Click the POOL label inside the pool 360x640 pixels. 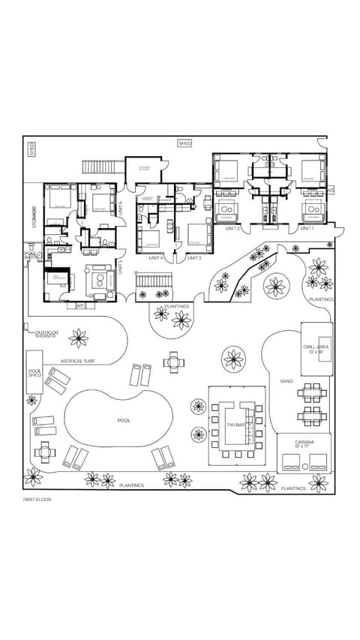coord(124,420)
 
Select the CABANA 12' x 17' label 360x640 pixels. coord(304,445)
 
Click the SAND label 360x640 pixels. coord(286,381)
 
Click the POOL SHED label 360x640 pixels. coord(35,374)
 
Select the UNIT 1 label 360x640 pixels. coord(306,228)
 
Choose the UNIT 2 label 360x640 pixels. coord(232,228)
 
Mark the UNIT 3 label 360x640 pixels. coord(193,257)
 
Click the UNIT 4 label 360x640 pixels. coord(156,257)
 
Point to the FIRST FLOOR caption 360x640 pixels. coord(37,499)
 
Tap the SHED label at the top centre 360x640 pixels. coord(184,143)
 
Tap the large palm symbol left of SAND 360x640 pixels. coord(234,358)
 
